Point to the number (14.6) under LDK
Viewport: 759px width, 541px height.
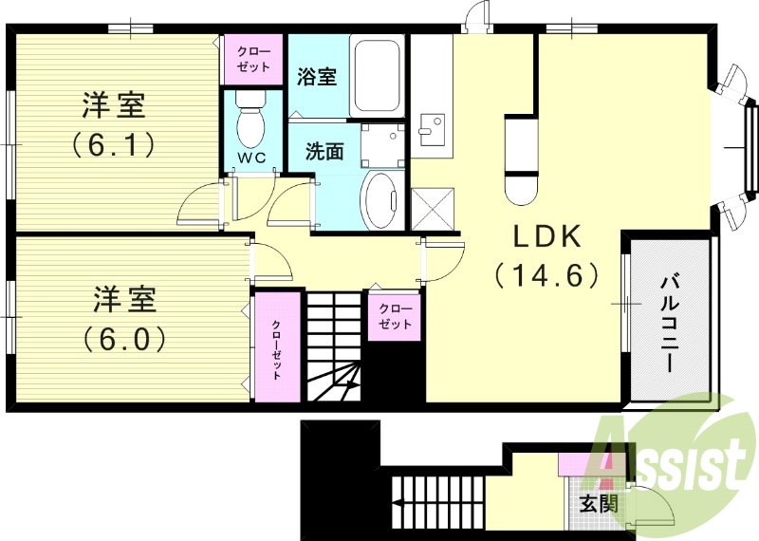[x=546, y=275]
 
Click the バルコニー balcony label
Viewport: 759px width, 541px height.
[x=668, y=323]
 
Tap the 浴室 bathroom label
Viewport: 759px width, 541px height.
[x=317, y=77]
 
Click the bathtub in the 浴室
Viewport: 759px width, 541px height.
[x=378, y=76]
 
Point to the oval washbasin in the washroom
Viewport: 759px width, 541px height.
[x=383, y=200]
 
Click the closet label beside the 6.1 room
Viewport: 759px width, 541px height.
[x=251, y=58]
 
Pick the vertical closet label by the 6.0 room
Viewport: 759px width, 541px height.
[x=276, y=350]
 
